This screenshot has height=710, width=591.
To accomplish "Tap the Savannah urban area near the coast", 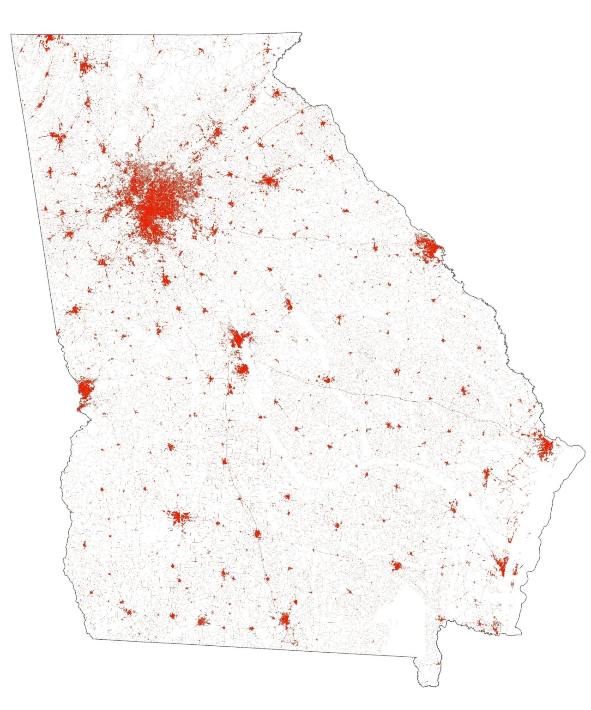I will pos(545,447).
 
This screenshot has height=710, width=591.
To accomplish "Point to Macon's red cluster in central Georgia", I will pos(238,339).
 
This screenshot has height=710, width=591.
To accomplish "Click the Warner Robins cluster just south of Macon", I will pos(242,369).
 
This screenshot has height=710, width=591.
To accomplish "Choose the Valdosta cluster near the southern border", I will pos(285,618).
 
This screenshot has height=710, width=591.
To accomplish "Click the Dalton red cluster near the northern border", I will pos(86,67).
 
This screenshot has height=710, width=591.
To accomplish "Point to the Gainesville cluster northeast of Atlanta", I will pos(217,131).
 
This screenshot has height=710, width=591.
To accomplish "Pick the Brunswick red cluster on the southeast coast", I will pos(501,565).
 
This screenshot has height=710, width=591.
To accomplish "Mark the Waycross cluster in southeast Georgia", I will pos(396,565).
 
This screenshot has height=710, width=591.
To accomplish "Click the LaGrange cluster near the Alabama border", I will pos(73,310).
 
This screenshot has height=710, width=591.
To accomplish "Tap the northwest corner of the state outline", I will pos(11,34).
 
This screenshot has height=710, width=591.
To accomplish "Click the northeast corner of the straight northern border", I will pos(302,32).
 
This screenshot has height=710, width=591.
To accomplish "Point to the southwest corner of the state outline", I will pos(93,639).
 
